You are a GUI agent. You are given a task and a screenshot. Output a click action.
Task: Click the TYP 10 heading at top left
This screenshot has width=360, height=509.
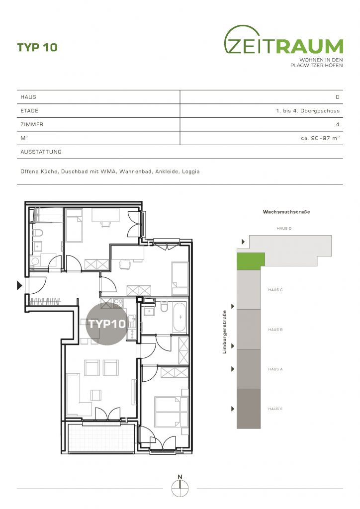[37, 47]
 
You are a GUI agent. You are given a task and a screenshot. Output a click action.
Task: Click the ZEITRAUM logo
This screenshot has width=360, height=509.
[284, 46]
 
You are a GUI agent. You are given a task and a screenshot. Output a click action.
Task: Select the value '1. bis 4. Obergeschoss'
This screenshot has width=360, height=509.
[308, 111]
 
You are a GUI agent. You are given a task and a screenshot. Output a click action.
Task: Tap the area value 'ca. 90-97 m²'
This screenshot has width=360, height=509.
[320, 138]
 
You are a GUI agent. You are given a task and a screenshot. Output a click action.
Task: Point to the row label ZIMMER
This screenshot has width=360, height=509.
[32, 124]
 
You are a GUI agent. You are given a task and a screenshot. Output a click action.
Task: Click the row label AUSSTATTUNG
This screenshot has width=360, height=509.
[41, 152]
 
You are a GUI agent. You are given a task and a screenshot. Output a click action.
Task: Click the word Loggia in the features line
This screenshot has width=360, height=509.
[191, 171]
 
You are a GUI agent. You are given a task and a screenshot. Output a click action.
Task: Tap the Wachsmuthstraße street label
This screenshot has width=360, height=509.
[286, 212]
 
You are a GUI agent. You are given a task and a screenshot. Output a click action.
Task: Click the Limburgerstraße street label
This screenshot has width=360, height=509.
[224, 332]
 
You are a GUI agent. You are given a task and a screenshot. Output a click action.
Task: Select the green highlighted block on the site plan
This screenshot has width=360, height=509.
[251, 261]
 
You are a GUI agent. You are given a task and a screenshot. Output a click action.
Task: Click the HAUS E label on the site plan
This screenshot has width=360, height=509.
[275, 409]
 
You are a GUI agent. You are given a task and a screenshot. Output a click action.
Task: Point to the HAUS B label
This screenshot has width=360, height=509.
[275, 330]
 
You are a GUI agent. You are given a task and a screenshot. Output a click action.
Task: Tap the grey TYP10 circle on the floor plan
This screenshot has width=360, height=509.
[106, 324]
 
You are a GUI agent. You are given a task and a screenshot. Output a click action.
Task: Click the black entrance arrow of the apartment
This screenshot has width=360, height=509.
[19, 286]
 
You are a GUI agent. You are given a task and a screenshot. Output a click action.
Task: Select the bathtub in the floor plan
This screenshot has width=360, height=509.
[180, 318]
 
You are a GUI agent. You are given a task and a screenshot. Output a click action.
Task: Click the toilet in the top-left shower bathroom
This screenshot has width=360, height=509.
[38, 233]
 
